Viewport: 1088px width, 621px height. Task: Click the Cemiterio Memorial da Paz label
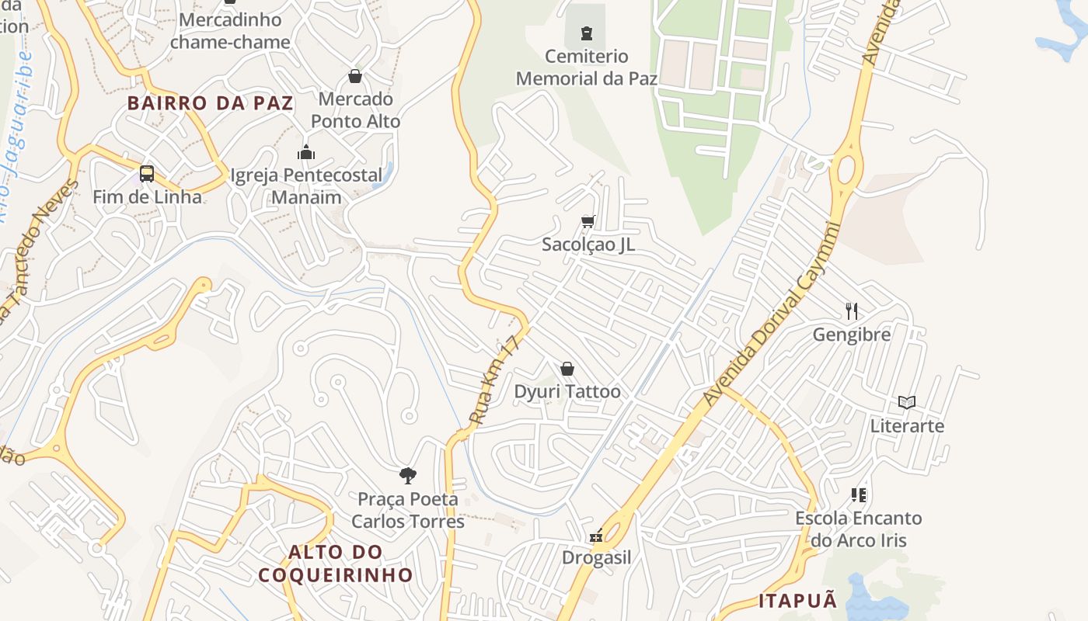click(587, 68)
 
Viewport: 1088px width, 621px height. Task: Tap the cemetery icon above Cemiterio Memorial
click(587, 33)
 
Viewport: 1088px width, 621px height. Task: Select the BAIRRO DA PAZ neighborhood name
click(211, 103)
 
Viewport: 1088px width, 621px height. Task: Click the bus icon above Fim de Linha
click(147, 174)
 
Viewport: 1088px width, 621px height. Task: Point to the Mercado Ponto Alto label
click(356, 110)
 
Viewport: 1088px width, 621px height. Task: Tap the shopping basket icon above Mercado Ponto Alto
click(355, 76)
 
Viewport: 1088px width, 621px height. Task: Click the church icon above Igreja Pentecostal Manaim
click(306, 152)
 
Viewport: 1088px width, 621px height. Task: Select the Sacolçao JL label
click(588, 245)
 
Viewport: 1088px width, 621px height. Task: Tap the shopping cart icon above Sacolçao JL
click(588, 222)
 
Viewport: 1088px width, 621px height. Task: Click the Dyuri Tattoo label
click(567, 391)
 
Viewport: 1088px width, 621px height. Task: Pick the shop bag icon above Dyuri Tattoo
click(567, 369)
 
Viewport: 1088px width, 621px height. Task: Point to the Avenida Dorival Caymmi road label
click(771, 314)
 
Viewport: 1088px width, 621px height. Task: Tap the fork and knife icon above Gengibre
click(852, 311)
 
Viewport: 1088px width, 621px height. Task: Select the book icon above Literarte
click(907, 402)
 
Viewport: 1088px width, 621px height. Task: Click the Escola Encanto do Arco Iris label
click(859, 529)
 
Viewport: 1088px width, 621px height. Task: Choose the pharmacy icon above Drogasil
click(596, 536)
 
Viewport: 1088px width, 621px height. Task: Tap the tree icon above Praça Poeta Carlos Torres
click(407, 475)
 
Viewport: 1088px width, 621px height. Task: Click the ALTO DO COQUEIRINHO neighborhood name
click(336, 564)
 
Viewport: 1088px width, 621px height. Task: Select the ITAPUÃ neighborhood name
click(798, 600)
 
